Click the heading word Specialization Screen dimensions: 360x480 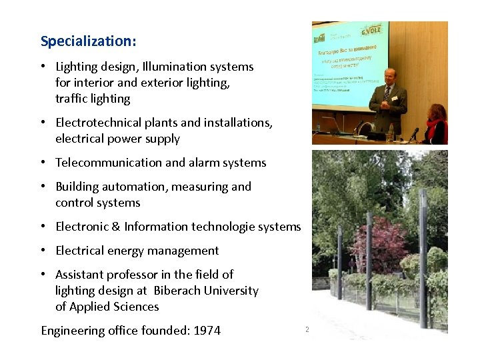88,41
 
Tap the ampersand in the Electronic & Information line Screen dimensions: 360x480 115,227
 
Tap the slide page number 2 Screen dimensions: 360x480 307,329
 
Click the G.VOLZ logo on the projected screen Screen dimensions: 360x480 371,30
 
